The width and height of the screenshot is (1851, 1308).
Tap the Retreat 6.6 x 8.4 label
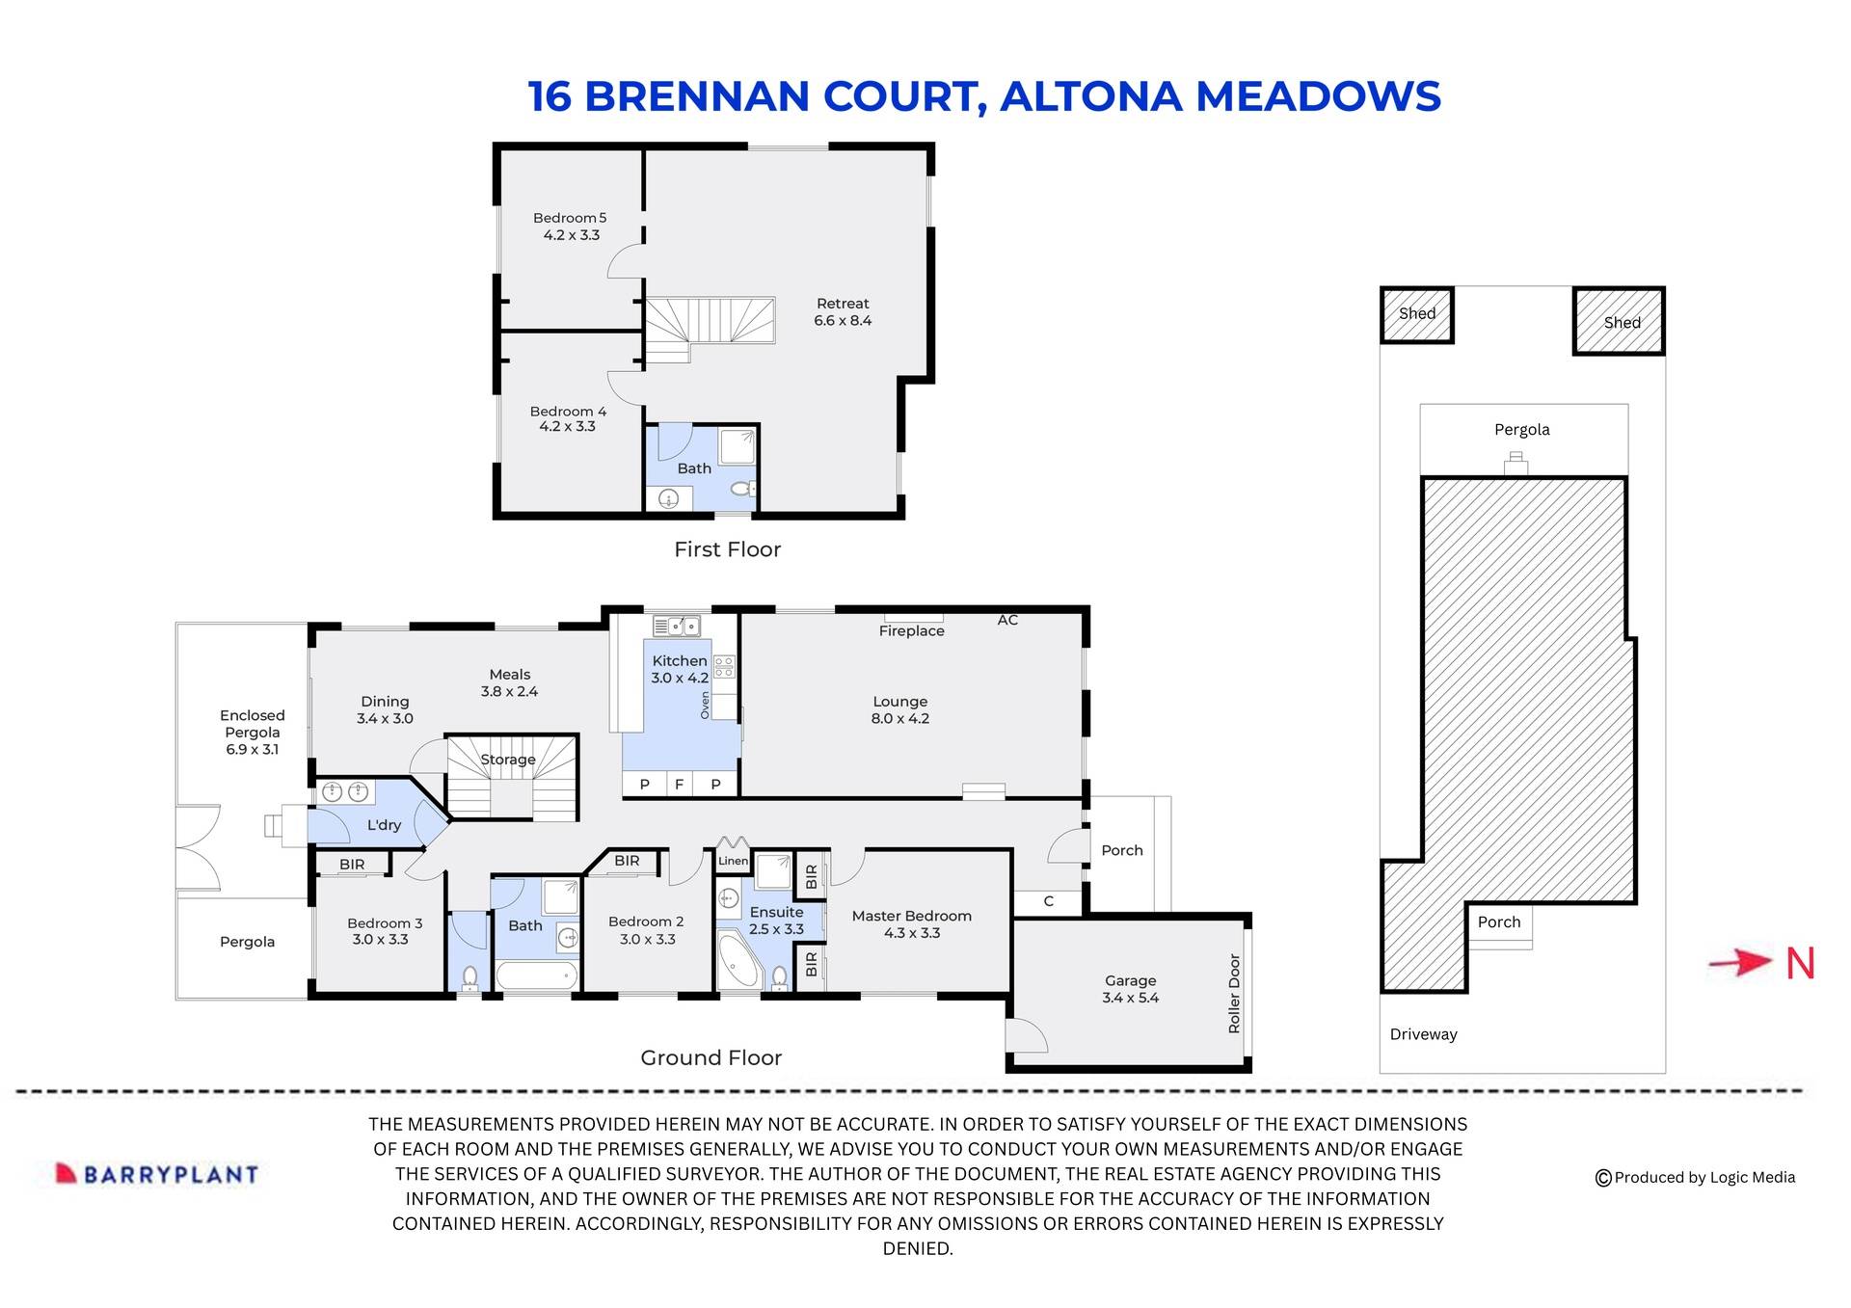tap(843, 312)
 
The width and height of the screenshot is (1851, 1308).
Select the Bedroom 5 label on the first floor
tap(570, 218)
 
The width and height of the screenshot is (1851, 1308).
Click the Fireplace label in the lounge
tap(911, 631)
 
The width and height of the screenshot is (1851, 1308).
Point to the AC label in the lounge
tap(1007, 620)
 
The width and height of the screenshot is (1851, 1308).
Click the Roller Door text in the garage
tap(1234, 994)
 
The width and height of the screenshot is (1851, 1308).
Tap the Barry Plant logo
tap(157, 1174)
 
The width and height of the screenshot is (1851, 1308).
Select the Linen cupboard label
tap(733, 861)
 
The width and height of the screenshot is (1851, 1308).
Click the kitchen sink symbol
tap(677, 627)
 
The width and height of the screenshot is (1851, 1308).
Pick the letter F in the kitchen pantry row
tap(680, 785)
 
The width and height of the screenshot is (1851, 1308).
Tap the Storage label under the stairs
tap(508, 760)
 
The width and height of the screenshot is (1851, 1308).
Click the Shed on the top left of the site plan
tap(1417, 314)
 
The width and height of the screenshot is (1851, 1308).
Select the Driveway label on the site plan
tap(1423, 1034)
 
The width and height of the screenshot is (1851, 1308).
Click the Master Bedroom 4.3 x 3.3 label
tap(911, 924)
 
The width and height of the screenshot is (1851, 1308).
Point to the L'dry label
tap(384, 825)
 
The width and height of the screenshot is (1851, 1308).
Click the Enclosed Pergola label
tap(252, 732)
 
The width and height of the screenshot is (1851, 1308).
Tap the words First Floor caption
tap(727, 549)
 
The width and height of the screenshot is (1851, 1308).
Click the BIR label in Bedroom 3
tap(352, 865)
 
